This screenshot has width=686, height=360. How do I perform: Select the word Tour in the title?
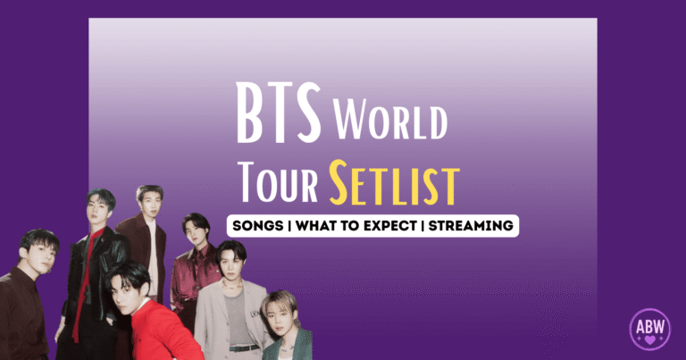coord(280,185)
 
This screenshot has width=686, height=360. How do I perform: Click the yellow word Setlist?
coord(393,185)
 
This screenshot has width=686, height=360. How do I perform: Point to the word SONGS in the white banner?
coord(260,225)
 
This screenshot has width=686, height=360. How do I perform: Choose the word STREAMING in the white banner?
coord(471,225)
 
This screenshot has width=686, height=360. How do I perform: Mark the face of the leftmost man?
coord(37,255)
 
